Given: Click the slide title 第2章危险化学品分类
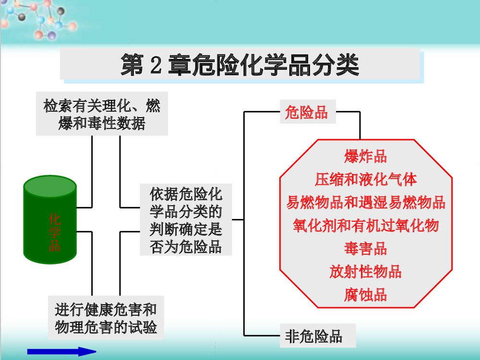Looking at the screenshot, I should pos(240,65).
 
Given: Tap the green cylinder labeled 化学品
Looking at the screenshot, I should pos(50,221).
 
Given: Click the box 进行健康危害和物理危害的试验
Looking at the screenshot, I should pos(106,318).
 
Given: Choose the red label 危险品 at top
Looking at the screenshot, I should pos(306,112).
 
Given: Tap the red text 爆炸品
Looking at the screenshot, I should pos(365,156).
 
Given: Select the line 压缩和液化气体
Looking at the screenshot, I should pos(366,180).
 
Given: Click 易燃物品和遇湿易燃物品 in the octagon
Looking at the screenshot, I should pos(366,202).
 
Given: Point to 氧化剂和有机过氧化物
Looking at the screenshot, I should pos(366,225).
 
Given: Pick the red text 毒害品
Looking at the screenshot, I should pos(365,249).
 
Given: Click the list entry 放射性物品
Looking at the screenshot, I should pos(365,272).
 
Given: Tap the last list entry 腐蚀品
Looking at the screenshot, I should pos(365,294).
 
